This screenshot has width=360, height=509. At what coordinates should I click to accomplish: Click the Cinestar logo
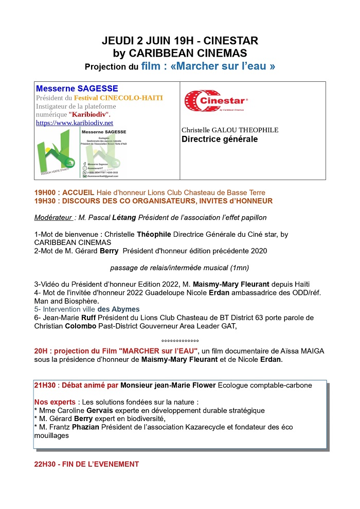coord(215,101)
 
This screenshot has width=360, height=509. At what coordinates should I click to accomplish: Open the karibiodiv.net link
coord(74,123)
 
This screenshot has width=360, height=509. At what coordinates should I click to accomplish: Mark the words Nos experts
coord(55,401)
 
